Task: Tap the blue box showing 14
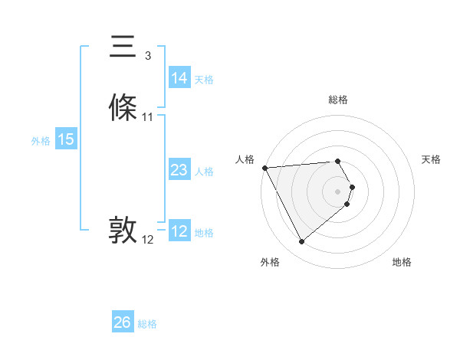(179, 78)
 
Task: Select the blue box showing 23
(179, 171)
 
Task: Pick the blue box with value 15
(66, 140)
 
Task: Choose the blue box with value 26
(123, 322)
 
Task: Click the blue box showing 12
(179, 232)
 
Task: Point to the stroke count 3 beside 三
(148, 56)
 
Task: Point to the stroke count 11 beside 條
(148, 117)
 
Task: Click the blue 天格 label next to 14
(204, 80)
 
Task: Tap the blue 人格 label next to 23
(204, 172)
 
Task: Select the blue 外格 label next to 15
(41, 141)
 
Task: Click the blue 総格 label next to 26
(147, 324)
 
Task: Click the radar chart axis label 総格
(338, 100)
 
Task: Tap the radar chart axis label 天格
(432, 159)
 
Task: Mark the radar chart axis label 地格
(402, 262)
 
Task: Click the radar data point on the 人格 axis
(264, 168)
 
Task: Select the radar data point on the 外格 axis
(301, 242)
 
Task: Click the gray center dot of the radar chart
(338, 191)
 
